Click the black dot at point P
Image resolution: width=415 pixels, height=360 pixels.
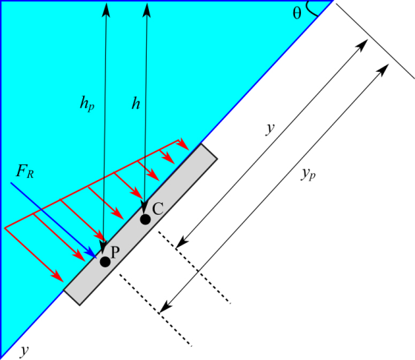pyautogui.click(x=105, y=261)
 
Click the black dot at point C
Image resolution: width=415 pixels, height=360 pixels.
pyautogui.click(x=145, y=219)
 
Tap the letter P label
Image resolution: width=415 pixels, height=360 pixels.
pyautogui.click(x=115, y=252)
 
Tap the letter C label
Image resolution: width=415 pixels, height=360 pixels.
pyautogui.click(x=158, y=209)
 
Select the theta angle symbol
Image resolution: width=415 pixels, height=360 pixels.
pyautogui.click(x=297, y=13)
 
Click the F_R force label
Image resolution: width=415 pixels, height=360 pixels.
pyautogui.click(x=25, y=171)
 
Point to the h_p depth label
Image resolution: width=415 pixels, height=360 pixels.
pyautogui.click(x=87, y=104)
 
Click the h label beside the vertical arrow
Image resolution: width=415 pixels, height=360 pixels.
pyautogui.click(x=136, y=103)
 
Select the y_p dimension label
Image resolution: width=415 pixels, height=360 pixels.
pyautogui.click(x=308, y=175)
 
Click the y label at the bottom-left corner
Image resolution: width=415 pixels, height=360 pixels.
pyautogui.click(x=24, y=351)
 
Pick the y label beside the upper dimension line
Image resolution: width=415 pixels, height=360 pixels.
pyautogui.click(x=270, y=129)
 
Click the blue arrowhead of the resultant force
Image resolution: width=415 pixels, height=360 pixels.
pyautogui.click(x=90, y=253)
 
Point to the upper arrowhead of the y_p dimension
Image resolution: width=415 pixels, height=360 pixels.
pyautogui.click(x=382, y=70)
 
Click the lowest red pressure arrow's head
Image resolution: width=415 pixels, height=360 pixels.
pyautogui.click(x=57, y=276)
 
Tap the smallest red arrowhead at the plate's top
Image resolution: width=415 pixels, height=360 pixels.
pyautogui.click(x=183, y=144)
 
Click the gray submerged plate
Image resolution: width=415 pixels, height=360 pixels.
pyautogui.click(x=141, y=224)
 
